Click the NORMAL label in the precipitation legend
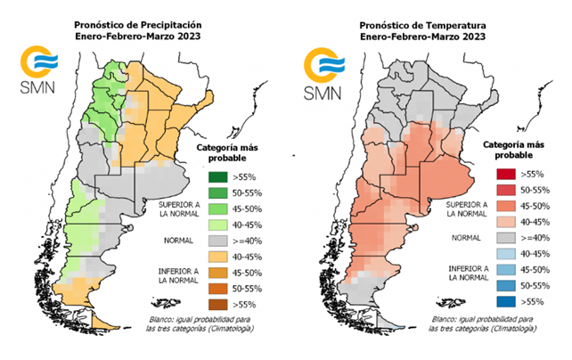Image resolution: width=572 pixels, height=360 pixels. pyautogui.click(x=177, y=241)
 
